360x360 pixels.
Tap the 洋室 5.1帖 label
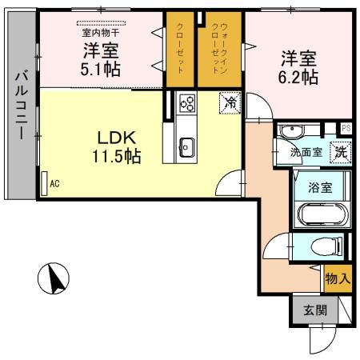(101, 59)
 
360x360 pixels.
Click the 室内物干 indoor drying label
(99, 33)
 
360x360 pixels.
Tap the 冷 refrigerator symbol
(230, 102)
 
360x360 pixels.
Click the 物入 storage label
(337, 279)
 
